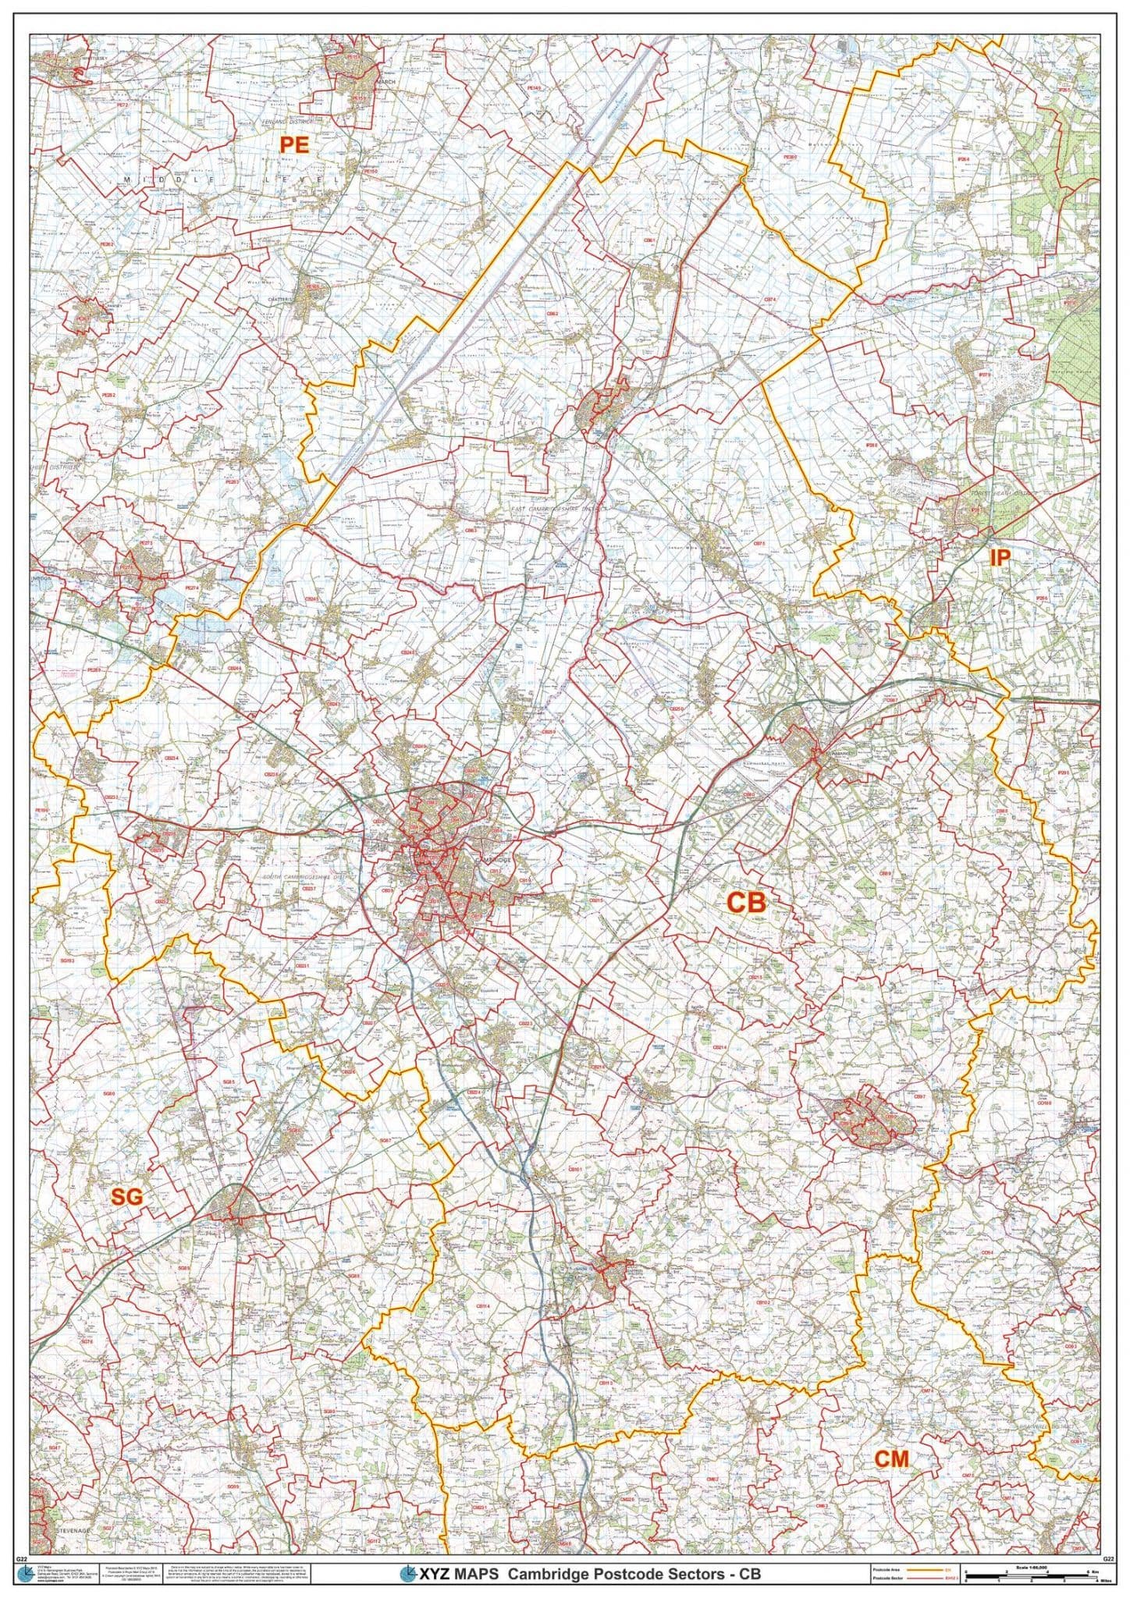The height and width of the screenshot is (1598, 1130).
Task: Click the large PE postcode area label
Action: click(x=295, y=144)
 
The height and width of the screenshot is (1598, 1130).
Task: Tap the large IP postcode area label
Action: click(x=1000, y=557)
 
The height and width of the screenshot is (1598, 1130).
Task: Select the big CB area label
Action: click(x=747, y=903)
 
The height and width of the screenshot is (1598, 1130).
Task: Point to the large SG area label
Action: click(x=126, y=1198)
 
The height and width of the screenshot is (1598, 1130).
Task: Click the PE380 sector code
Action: click(x=791, y=157)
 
